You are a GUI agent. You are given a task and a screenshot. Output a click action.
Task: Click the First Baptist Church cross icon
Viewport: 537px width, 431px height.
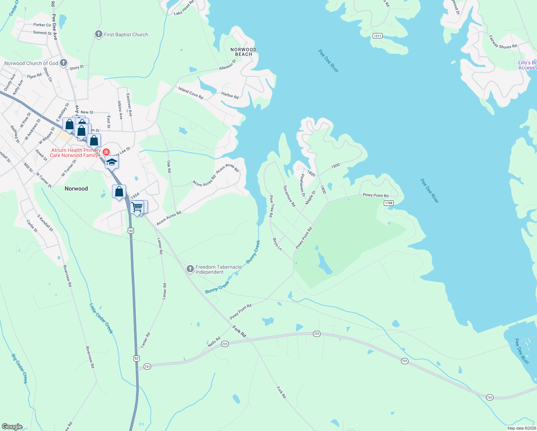click(x=98, y=34)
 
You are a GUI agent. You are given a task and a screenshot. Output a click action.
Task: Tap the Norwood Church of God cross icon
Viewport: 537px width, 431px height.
click(x=64, y=63)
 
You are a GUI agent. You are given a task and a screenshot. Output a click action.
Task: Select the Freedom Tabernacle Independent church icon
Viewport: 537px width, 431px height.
click(x=190, y=269)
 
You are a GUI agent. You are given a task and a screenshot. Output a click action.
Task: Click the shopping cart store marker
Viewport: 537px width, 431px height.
click(x=137, y=207)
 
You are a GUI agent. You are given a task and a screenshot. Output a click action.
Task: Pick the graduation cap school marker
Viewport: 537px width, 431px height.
click(x=112, y=162)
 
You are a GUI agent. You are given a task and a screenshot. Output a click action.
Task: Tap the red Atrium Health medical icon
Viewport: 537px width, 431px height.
click(x=106, y=152)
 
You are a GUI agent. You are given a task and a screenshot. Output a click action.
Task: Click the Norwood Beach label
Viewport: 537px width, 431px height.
click(x=243, y=52)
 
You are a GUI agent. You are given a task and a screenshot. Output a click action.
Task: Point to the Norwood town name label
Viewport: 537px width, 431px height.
click(x=76, y=189)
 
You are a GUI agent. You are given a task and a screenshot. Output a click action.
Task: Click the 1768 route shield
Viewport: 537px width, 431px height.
click(x=389, y=203)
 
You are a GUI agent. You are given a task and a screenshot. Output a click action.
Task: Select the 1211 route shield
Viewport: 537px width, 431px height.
click(x=377, y=36)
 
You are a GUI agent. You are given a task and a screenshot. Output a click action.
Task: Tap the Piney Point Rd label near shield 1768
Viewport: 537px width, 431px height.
click(x=375, y=195)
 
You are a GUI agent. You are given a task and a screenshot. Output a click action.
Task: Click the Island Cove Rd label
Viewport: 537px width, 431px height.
click(x=191, y=93)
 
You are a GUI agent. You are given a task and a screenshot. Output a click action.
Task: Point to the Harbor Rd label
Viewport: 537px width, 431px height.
click(x=230, y=95)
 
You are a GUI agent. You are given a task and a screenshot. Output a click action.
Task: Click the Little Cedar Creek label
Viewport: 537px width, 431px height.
click(x=101, y=319)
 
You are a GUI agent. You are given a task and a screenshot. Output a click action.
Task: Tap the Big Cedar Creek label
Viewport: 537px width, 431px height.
click(x=19, y=369)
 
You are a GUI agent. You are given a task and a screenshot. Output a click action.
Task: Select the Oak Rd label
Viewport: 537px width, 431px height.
click(x=169, y=167)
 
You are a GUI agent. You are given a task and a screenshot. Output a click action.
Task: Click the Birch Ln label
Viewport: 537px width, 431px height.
click(x=277, y=244)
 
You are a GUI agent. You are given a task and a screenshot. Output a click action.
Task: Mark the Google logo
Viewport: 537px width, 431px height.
click(x=12, y=427)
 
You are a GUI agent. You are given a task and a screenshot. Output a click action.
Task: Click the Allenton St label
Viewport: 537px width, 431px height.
click(x=228, y=65)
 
